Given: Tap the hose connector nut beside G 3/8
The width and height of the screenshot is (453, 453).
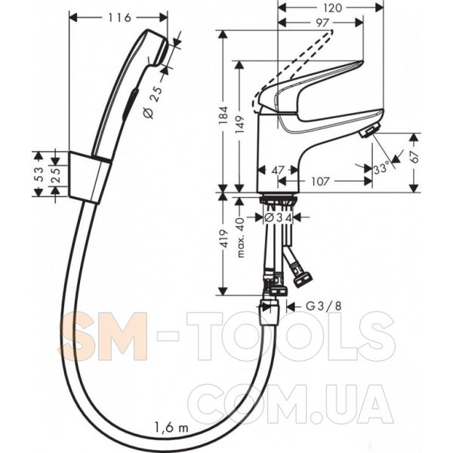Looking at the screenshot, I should [267, 308].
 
